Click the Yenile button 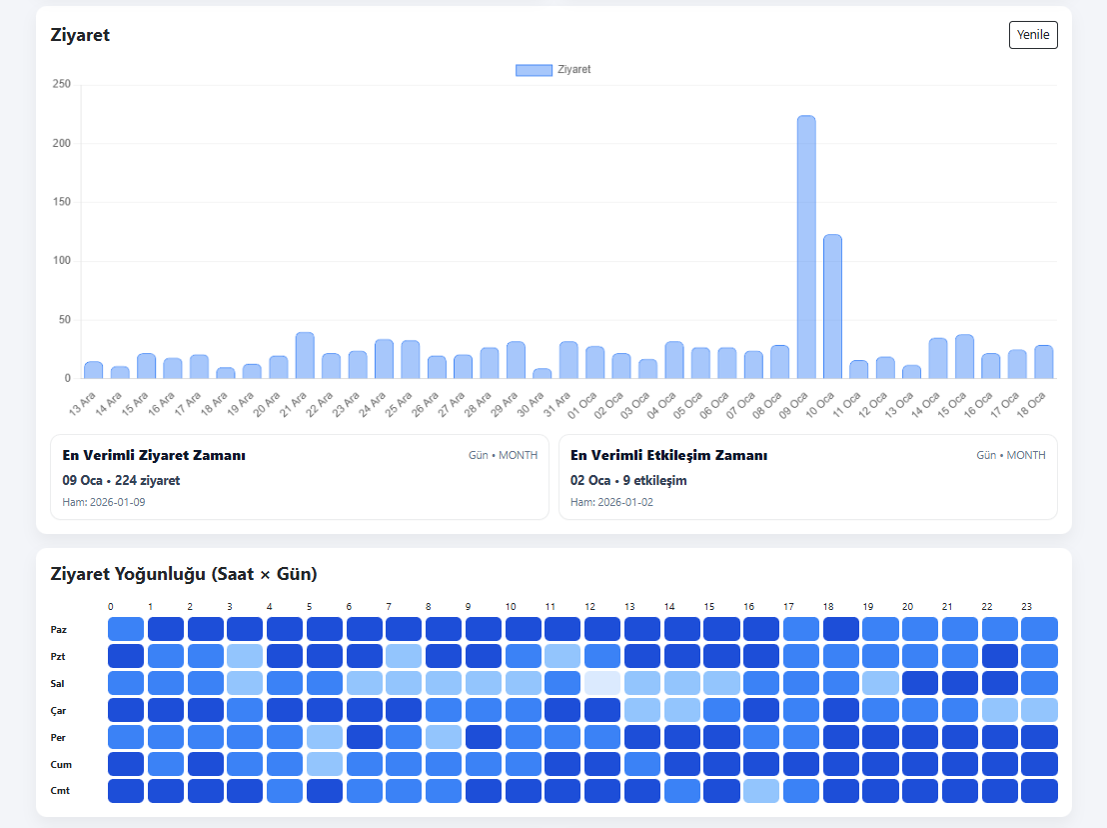click(1033, 35)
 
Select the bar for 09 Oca click(806, 247)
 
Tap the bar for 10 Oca click(832, 307)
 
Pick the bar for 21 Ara click(305, 355)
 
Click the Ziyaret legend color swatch click(534, 70)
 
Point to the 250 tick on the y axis click(61, 84)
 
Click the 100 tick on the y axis click(61, 261)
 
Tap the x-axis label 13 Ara click(82, 404)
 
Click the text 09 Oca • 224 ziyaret click(121, 480)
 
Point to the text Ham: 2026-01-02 click(611, 502)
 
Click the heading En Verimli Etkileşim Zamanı click(668, 456)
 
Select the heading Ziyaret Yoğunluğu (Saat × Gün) click(184, 574)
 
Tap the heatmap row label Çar click(58, 711)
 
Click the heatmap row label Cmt click(60, 791)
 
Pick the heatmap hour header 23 click(1026, 607)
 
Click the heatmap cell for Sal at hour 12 click(602, 683)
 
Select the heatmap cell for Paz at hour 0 click(126, 629)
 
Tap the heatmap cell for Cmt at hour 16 click(761, 791)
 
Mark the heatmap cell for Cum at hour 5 click(324, 764)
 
